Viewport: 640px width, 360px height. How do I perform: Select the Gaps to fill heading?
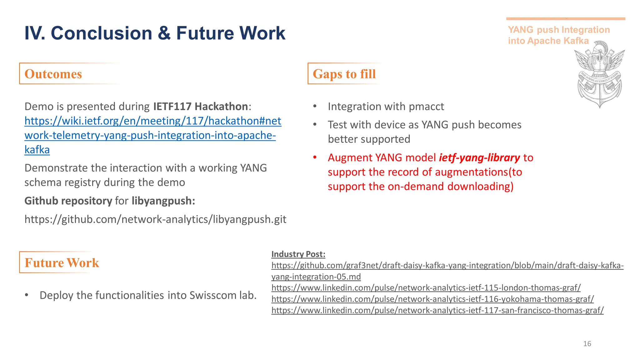point(344,74)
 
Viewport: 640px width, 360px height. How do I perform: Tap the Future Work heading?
point(62,263)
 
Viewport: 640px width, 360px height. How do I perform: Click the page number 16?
point(587,344)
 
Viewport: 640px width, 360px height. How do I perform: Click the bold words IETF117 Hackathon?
point(200,107)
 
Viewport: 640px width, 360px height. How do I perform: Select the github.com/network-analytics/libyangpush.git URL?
point(155,219)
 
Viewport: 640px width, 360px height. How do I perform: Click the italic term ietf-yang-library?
point(479,157)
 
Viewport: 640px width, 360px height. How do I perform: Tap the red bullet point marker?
point(315,157)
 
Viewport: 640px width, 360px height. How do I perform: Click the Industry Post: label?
point(298,254)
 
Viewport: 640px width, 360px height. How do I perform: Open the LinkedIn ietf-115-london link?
point(426,288)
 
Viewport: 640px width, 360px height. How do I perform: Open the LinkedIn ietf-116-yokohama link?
point(432,299)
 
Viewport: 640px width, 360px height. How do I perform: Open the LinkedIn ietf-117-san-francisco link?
point(437,310)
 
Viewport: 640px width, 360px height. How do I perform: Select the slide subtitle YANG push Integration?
point(558,30)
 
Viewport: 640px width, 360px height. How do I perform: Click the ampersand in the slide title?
point(164,33)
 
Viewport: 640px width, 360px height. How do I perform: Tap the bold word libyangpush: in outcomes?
point(163,201)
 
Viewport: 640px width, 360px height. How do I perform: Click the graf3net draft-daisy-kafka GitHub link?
point(447,266)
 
